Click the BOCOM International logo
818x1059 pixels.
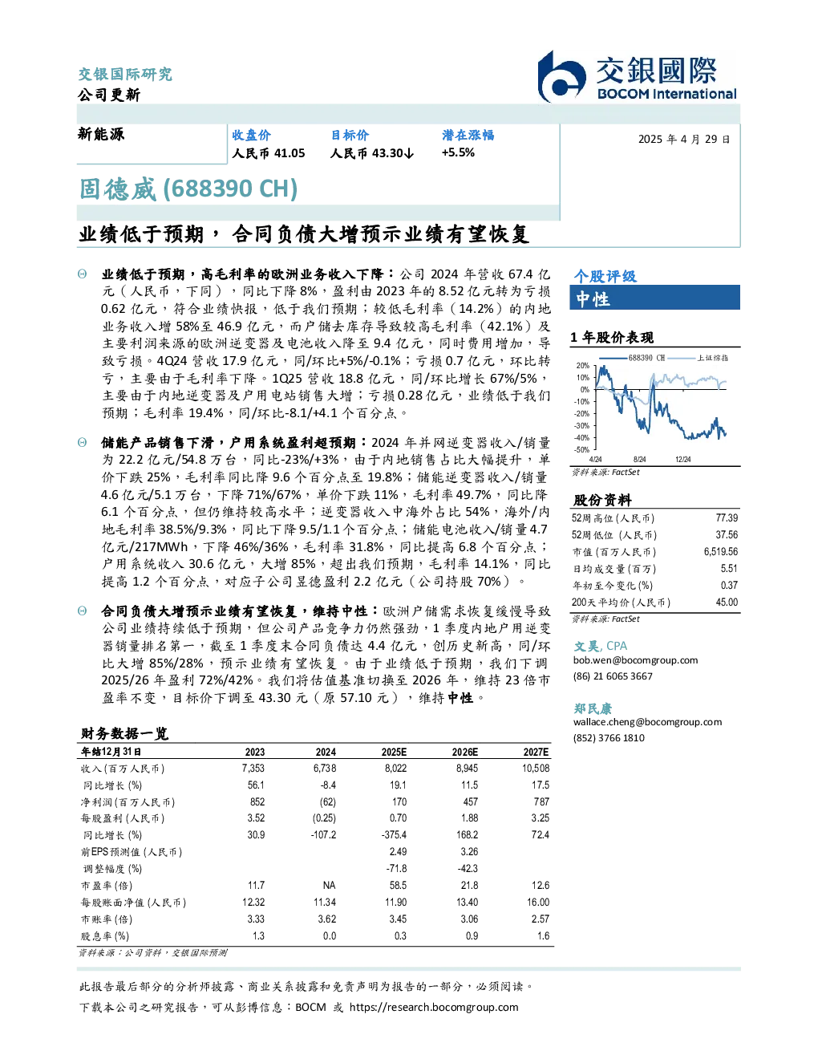pyautogui.click(x=638, y=76)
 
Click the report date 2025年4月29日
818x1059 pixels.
pyautogui.click(x=684, y=140)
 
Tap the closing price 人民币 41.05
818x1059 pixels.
pyautogui.click(x=269, y=153)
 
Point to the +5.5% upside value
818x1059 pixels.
pyautogui.click(x=458, y=152)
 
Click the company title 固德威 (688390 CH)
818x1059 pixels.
pyautogui.click(x=188, y=189)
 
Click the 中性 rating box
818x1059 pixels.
pyautogui.click(x=654, y=298)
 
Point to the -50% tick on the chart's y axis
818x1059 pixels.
pyautogui.click(x=582, y=450)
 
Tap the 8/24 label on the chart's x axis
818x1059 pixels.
pyautogui.click(x=639, y=459)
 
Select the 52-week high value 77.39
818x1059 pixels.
pyautogui.click(x=727, y=517)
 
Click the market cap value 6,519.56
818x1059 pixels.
pyautogui.click(x=720, y=552)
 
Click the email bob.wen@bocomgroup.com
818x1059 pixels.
pyautogui.click(x=635, y=660)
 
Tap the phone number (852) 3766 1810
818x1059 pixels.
pyautogui.click(x=609, y=738)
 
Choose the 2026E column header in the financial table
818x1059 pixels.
pyautogui.click(x=465, y=752)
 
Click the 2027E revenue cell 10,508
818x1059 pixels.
pyautogui.click(x=536, y=768)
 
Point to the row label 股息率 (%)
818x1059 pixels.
pyautogui.click(x=105, y=936)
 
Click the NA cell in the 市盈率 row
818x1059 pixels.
pyautogui.click(x=329, y=885)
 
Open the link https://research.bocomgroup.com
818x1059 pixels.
pyautogui.click(x=434, y=1007)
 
